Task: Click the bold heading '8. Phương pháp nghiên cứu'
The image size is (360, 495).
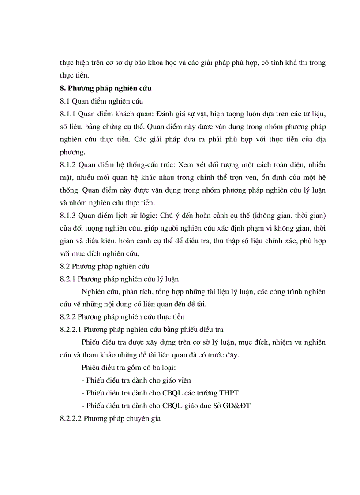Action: pyautogui.click(x=106, y=88)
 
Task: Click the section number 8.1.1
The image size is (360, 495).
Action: pyautogui.click(x=68, y=114)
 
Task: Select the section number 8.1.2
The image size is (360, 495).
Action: pyautogui.click(x=68, y=165)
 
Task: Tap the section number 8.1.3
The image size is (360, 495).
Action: pyautogui.click(x=68, y=216)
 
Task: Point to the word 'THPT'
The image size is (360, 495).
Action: pyautogui.click(x=228, y=393)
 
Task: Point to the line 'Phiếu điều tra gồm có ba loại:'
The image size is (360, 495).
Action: pyautogui.click(x=129, y=367)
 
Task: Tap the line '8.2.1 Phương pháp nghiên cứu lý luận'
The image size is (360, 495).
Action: pyautogui.click(x=119, y=279)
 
